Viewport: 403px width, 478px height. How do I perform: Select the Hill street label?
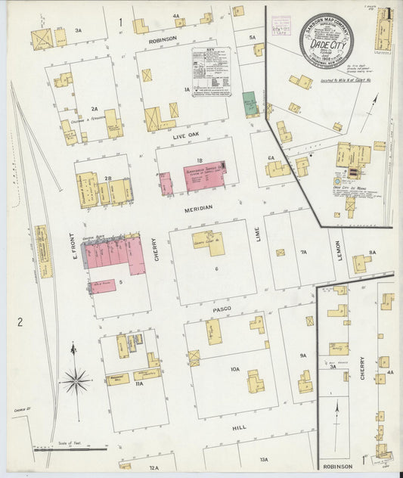click(239, 427)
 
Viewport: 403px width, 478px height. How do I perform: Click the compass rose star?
click(76, 380)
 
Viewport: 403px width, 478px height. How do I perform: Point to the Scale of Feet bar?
click(68, 448)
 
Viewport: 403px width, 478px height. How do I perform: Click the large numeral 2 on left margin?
click(20, 321)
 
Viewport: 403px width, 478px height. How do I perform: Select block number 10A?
click(235, 369)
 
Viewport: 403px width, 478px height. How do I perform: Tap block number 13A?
click(263, 459)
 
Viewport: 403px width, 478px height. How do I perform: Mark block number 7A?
click(303, 252)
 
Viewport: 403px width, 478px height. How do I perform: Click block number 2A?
click(95, 109)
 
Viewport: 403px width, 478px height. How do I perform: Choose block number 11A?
click(138, 384)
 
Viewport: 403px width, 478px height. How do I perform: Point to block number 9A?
click(302, 355)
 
